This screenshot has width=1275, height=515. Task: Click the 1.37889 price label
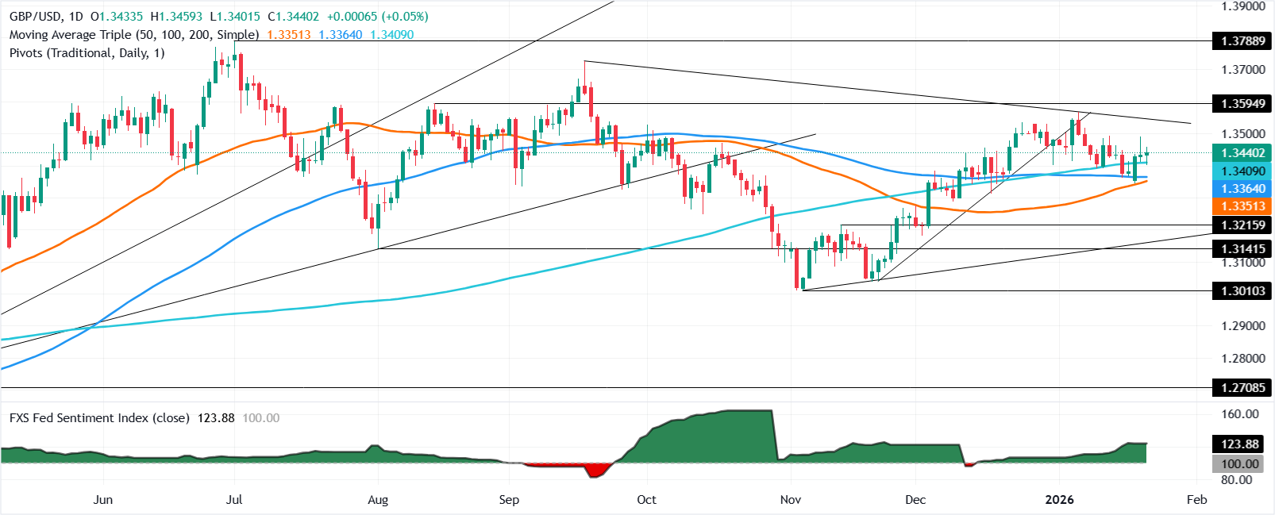[1242, 41]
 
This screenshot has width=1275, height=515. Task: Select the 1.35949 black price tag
[1242, 103]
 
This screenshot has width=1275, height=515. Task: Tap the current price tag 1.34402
[1242, 153]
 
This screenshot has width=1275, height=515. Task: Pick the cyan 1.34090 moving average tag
[1242, 171]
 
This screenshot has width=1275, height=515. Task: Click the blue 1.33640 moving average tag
[1242, 189]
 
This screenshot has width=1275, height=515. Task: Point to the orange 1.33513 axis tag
[1242, 206]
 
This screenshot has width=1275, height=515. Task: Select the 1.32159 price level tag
[1242, 225]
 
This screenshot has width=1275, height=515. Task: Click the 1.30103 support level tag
[1242, 291]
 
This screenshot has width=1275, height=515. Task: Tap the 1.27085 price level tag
[1242, 388]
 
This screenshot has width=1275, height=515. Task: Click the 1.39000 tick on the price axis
[1243, 6]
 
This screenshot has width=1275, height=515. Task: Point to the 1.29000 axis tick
[1243, 326]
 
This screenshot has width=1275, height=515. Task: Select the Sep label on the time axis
[509, 500]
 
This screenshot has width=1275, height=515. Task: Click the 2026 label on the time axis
[1059, 500]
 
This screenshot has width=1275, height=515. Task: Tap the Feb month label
[1196, 500]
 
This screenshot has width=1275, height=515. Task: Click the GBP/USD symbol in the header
[35, 17]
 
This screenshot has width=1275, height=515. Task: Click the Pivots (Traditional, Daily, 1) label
[87, 53]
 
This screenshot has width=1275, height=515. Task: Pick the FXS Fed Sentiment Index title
[99, 418]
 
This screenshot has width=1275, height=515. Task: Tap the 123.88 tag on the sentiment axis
[1239, 444]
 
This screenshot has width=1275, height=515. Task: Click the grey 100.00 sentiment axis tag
[1239, 464]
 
